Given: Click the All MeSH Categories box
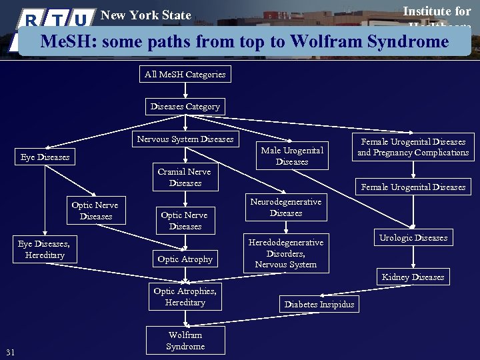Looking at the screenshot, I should pos(185,75).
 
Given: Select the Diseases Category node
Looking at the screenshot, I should pos(185,107).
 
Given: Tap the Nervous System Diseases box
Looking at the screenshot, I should pos(185,139).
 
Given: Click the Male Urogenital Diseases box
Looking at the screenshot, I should pos(292,156).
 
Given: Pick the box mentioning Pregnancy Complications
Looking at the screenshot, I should pos(413,147).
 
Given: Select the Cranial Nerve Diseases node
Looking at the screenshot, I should pos(185,177).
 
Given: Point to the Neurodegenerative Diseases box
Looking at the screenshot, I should pos(285,207).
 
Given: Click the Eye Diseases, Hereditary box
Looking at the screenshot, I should pos(43,249).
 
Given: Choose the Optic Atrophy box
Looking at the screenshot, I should pos(185,259).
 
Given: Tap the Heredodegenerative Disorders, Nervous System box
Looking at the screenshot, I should pos(285,253).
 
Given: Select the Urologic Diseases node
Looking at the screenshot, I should pos(413,238).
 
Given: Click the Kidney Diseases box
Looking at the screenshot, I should pos(413,277).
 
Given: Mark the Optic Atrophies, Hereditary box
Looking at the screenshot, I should pos(185,297).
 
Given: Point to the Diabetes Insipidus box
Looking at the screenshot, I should pos(319,305).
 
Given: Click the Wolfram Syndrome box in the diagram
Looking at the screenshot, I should pos(185,341).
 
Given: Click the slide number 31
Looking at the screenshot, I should pos(10,352).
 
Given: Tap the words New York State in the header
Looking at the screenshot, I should pos(145,15).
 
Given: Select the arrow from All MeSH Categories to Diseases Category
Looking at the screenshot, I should pos(185,91).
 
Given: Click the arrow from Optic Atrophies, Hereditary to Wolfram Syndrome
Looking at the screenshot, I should pos(185,319).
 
